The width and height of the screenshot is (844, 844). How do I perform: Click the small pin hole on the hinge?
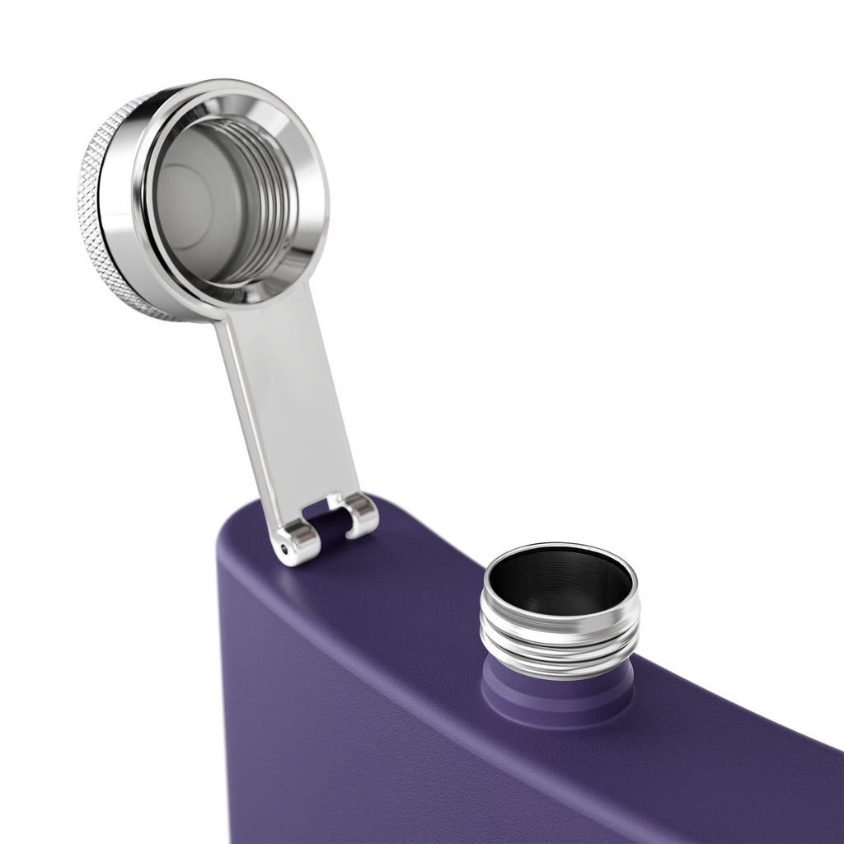285,547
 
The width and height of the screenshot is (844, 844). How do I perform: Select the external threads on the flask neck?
560,643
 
